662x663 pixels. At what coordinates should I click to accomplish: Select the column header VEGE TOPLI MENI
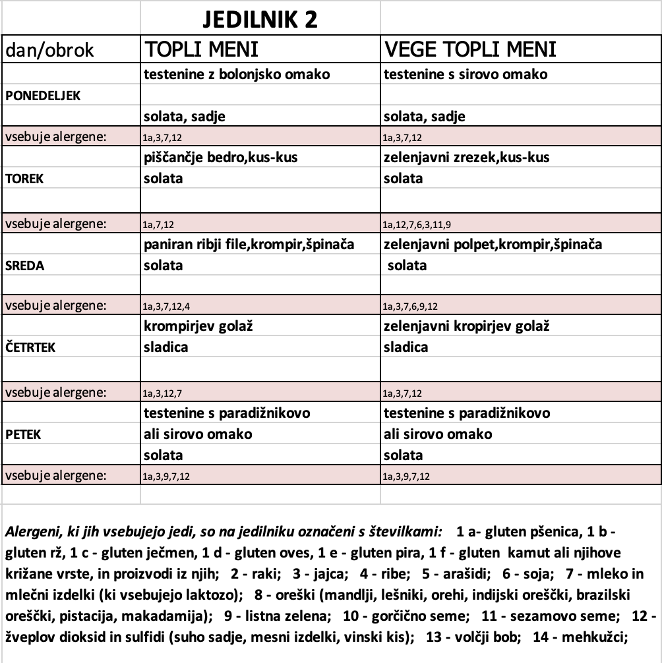tap(470, 49)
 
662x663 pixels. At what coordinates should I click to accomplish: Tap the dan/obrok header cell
tap(49, 50)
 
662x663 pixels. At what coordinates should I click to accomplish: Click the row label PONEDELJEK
tap(43, 96)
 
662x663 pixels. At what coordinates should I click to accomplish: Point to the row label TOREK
tap(24, 179)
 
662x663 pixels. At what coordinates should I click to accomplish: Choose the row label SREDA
tap(24, 266)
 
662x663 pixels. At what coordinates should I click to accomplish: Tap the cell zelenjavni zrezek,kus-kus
tap(467, 158)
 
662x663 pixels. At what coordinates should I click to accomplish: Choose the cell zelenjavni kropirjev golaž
tap(467, 327)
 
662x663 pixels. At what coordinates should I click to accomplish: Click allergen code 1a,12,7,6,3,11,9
tap(417, 223)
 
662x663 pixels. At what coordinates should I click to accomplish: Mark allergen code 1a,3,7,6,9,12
tap(411, 306)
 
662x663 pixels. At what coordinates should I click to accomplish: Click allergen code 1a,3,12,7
tap(162, 393)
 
